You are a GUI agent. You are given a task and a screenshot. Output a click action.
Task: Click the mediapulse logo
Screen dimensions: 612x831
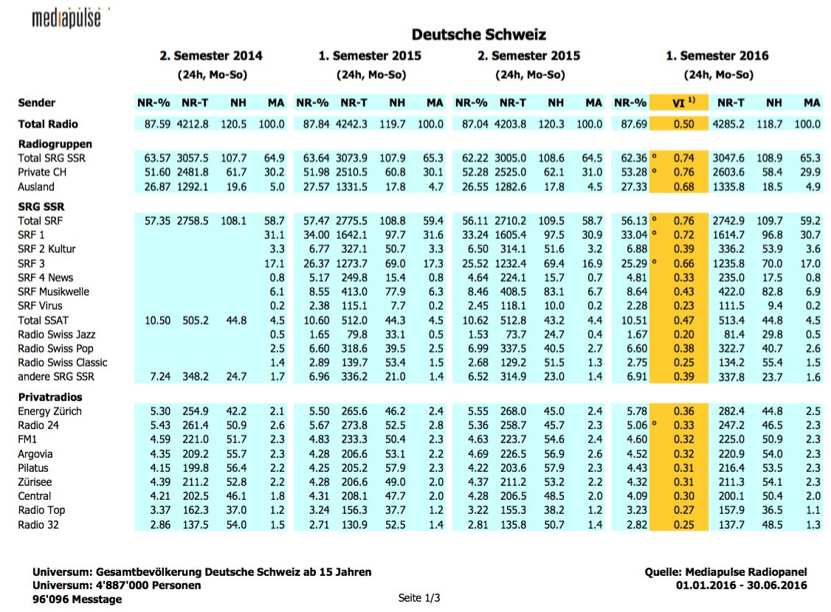[66, 18]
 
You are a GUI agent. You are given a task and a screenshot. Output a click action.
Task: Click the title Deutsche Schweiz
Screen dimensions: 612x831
[478, 35]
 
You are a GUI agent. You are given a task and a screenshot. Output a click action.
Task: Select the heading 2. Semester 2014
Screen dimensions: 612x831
[211, 56]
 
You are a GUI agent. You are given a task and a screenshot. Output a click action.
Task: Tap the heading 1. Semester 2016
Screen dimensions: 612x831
[717, 56]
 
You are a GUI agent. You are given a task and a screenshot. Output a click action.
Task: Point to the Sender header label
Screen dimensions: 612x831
[37, 103]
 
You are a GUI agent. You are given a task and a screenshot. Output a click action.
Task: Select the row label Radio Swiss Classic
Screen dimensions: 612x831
[63, 363]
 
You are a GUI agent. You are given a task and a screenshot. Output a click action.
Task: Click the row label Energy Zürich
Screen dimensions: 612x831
[50, 411]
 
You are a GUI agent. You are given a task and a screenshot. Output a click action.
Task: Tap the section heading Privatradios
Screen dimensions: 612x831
[50, 397]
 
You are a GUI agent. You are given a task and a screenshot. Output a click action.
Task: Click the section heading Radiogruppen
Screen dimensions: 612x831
[55, 144]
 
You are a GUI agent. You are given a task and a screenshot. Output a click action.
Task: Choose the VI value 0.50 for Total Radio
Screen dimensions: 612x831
[683, 124]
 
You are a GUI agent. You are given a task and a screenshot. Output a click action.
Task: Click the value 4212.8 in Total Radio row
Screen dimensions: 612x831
[193, 124]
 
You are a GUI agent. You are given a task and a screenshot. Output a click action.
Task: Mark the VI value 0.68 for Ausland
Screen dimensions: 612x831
[683, 187]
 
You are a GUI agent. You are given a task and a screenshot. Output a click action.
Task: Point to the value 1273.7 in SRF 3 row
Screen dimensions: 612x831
[352, 263]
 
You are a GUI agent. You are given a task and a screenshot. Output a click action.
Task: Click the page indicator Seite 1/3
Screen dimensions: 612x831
[419, 597]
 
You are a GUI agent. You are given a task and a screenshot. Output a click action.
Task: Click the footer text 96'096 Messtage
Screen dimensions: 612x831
[77, 599]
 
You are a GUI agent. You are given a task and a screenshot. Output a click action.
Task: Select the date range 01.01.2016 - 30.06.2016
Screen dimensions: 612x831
[741, 585]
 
